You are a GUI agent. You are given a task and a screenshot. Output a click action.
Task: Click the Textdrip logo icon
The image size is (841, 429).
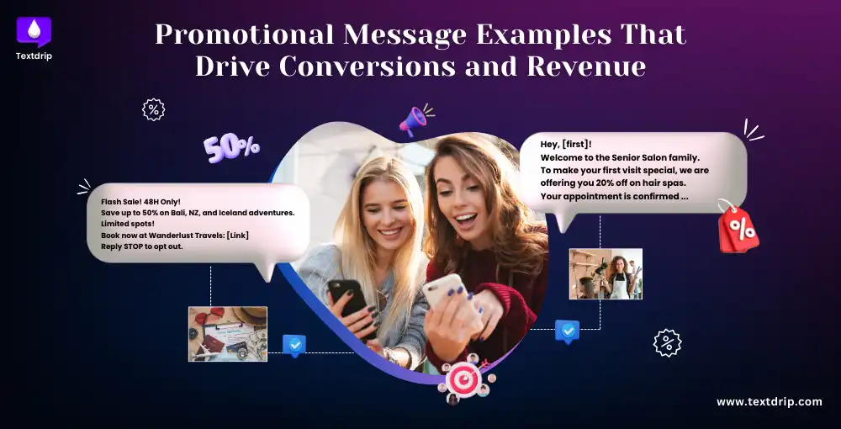click(34, 31)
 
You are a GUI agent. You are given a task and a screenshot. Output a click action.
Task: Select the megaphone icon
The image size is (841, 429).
click(415, 120)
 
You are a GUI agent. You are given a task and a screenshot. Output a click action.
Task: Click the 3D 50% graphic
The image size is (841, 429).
click(231, 147)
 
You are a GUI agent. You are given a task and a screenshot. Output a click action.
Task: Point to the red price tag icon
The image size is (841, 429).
click(738, 227)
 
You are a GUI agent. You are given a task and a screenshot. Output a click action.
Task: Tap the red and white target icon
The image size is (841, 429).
click(463, 379)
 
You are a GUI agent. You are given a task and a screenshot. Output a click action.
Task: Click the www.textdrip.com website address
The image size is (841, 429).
click(769, 402)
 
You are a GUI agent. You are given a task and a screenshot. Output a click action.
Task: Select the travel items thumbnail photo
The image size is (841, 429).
click(227, 334)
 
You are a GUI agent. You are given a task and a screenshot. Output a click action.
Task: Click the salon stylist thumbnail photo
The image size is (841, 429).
click(606, 273)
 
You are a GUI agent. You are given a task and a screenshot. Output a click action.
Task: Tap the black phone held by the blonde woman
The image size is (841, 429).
click(352, 303)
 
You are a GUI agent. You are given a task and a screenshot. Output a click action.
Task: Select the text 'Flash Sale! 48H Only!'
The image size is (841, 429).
click(140, 203)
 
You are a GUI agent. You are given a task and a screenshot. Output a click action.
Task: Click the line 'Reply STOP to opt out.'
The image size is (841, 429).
click(142, 246)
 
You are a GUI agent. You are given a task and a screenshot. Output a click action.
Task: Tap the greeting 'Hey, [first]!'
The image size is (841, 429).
click(565, 145)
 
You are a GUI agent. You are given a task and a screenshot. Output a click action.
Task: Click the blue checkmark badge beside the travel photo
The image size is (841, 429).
click(294, 344)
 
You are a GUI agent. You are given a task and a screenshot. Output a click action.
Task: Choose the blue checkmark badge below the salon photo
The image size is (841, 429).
click(567, 331)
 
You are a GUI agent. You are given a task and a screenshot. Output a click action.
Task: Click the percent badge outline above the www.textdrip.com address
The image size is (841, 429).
click(667, 342)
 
